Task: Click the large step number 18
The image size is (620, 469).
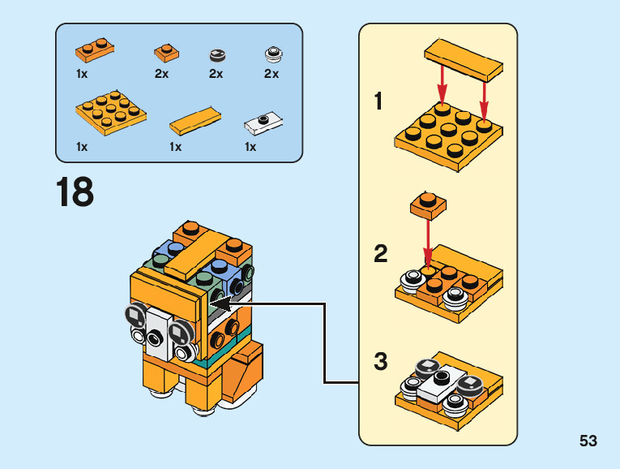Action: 75,192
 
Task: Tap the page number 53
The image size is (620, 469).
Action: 588,441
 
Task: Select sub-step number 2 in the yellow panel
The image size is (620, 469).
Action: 380,254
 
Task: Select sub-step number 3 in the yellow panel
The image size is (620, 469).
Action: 380,362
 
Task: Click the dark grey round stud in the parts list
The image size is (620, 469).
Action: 216,55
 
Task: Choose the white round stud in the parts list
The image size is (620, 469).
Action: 273,55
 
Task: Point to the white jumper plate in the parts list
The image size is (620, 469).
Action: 263,123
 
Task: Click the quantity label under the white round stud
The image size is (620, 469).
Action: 271,74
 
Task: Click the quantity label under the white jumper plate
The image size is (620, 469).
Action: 250,147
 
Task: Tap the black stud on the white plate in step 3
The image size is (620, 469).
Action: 441,377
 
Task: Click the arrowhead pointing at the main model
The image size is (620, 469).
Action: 222,303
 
